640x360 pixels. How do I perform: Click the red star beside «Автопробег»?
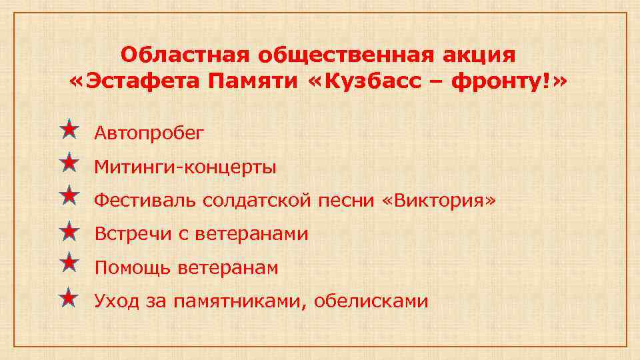(69, 129)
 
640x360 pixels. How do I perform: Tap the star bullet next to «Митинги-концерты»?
(69, 163)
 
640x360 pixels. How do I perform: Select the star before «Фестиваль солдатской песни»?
(69, 197)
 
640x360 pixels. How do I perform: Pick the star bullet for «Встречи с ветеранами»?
(69, 231)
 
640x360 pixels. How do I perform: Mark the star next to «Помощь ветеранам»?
(69, 264)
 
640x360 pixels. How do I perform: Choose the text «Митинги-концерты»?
(185, 166)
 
